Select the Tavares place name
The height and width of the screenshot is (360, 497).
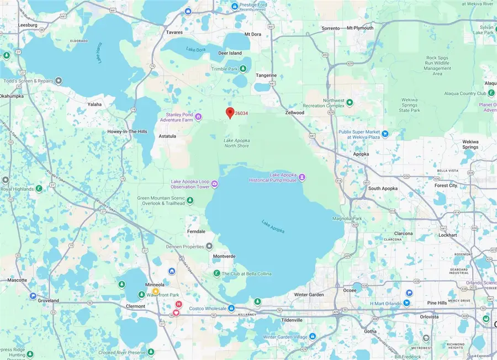click(174, 32)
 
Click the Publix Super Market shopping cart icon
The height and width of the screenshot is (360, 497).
click(385, 133)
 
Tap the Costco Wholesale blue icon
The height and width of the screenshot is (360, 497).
click(231, 308)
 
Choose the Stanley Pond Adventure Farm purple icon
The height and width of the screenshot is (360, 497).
click(198, 117)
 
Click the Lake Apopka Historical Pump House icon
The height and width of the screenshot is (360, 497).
click(302, 177)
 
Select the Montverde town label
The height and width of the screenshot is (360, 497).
click(225, 257)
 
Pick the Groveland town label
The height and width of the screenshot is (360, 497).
click(49, 301)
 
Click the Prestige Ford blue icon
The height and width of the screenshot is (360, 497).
click(235, 6)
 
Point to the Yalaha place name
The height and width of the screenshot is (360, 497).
click(95, 104)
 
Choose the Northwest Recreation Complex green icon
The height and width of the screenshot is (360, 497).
click(349, 103)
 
